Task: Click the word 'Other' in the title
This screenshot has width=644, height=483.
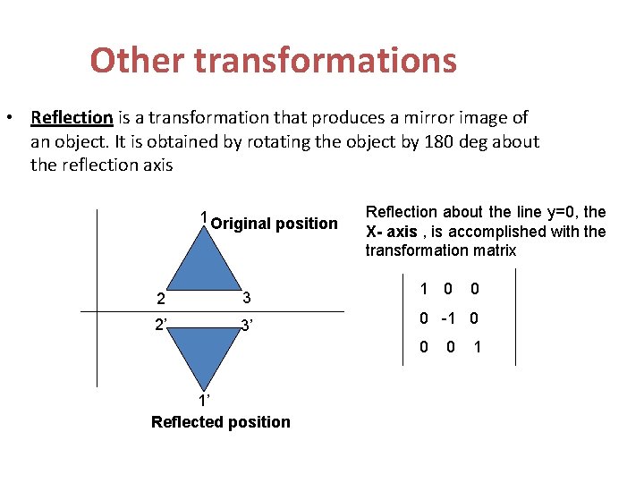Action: (137, 61)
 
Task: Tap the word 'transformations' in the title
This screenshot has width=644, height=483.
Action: (326, 61)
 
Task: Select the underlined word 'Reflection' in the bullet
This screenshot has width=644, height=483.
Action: (72, 118)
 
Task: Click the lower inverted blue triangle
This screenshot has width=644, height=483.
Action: (204, 352)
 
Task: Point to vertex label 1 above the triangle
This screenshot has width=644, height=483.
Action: (204, 217)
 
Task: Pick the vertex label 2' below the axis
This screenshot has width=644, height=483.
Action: (161, 325)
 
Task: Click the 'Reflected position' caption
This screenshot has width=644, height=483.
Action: (221, 422)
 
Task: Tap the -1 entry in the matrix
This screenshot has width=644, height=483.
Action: (447, 318)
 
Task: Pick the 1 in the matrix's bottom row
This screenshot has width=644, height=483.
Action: (477, 347)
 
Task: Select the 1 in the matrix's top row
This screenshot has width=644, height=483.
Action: (424, 289)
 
